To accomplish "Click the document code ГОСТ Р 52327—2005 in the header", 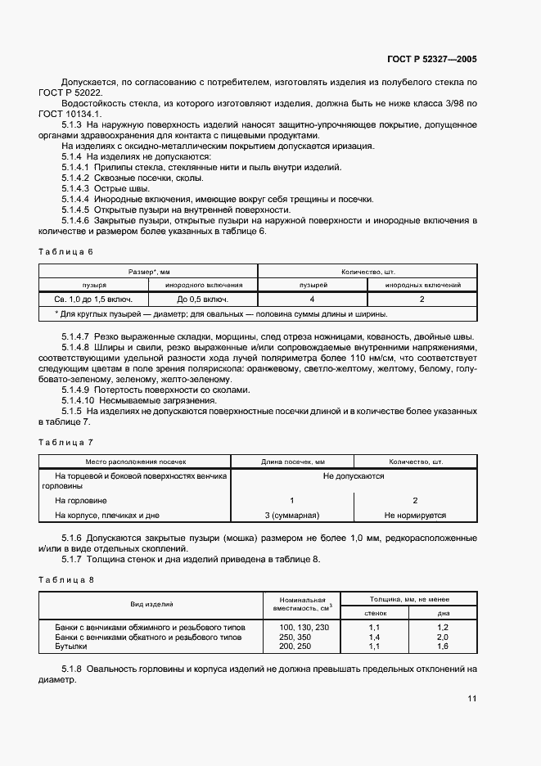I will pyautogui.click(x=432, y=60).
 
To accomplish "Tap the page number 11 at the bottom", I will pyautogui.click(x=472, y=699).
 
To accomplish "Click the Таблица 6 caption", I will pyautogui.click(x=65, y=251).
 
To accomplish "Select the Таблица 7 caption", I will pyautogui.click(x=65, y=442).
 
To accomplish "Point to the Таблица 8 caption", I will pyautogui.click(x=65, y=579).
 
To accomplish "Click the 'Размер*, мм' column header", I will pyautogui.click(x=148, y=270).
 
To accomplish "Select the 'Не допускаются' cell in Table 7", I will pyautogui.click(x=354, y=475).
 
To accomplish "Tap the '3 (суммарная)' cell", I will pyautogui.click(x=291, y=516).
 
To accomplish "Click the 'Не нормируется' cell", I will pyautogui.click(x=415, y=516).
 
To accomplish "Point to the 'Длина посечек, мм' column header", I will pyautogui.click(x=291, y=461).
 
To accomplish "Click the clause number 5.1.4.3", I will pyautogui.click(x=75, y=188).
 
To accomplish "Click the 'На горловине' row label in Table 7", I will pyautogui.click(x=81, y=500).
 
